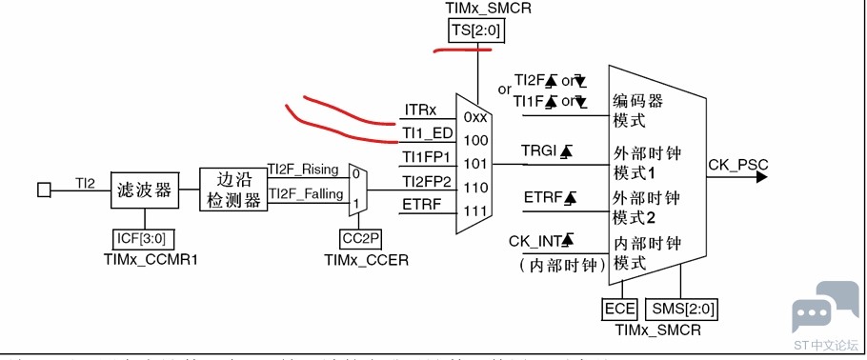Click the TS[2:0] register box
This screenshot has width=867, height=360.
[x=475, y=31]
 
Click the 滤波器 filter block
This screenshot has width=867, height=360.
[x=144, y=190]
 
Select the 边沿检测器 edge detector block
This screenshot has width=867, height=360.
[x=232, y=190]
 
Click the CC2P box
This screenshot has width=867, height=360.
[x=360, y=238]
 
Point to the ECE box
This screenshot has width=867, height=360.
[x=619, y=309]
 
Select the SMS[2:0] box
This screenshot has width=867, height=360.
[x=681, y=309]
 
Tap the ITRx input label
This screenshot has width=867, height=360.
[x=421, y=110]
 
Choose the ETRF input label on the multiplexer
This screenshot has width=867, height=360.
[x=421, y=203]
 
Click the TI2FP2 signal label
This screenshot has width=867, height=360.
[x=426, y=180]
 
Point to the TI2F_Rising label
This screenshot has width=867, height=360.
[x=303, y=170]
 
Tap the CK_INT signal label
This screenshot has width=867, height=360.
[x=540, y=240]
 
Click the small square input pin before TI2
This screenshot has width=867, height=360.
[x=44, y=190]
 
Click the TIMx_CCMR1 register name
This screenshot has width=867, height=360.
[x=145, y=260]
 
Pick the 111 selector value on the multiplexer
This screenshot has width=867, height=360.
[x=475, y=210]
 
